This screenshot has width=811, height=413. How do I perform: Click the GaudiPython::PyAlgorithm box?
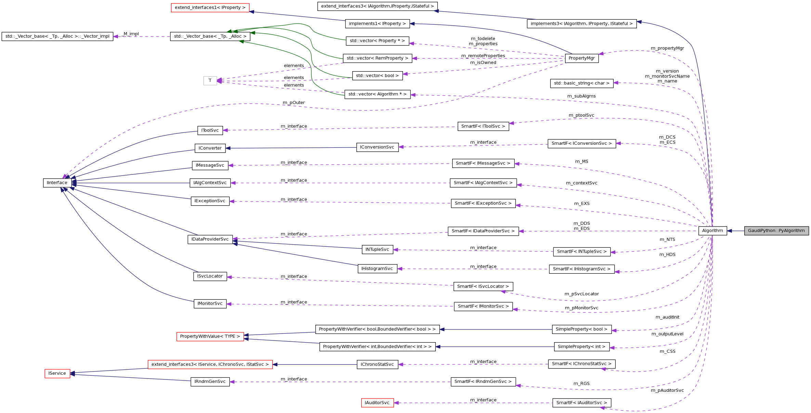pyautogui.click(x=776, y=231)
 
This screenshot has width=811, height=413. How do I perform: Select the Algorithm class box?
pyautogui.click(x=712, y=231)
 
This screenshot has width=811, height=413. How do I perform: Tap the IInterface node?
pyautogui.click(x=57, y=183)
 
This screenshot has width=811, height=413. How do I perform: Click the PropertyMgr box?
pyautogui.click(x=581, y=58)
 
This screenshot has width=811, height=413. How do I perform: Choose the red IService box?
pyautogui.click(x=57, y=373)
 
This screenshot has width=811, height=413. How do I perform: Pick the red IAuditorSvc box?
pyautogui.click(x=377, y=403)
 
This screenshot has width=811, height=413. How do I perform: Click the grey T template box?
pyautogui.click(x=210, y=80)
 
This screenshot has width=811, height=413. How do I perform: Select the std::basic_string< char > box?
pyautogui.click(x=581, y=83)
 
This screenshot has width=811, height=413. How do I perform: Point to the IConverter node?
pyautogui.click(x=210, y=148)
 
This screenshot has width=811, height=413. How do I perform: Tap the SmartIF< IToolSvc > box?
pyautogui.click(x=483, y=126)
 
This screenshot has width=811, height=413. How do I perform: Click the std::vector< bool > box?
pyautogui.click(x=377, y=76)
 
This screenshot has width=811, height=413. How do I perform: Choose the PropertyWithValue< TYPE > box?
pyautogui.click(x=210, y=336)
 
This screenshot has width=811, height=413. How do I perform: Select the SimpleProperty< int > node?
pyautogui.click(x=581, y=347)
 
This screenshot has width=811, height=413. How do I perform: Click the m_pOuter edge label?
pyautogui.click(x=293, y=103)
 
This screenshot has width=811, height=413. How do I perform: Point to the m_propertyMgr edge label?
pyautogui.click(x=667, y=48)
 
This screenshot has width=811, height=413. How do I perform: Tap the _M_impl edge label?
pyautogui.click(x=131, y=34)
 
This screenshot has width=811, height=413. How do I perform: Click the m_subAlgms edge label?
pyautogui.click(x=581, y=96)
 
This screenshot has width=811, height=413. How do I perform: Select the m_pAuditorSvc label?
pyautogui.click(x=667, y=390)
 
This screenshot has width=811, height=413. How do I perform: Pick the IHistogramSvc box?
pyautogui.click(x=377, y=269)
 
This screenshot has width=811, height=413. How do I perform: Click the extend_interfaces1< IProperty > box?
pyautogui.click(x=210, y=8)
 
